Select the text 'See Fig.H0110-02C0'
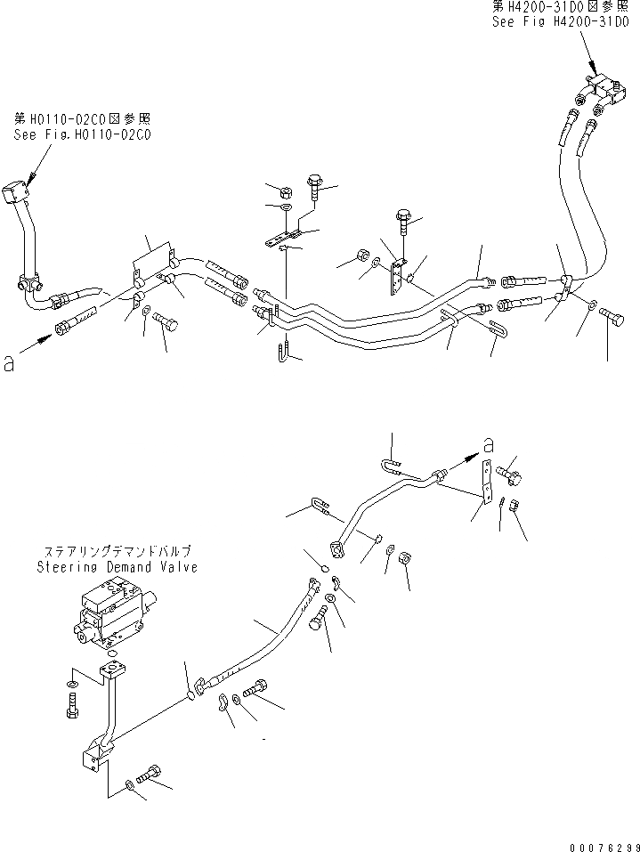click(82, 135)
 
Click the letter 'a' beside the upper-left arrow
click(10, 363)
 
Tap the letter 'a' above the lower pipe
click(486, 445)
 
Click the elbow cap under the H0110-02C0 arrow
click(15, 193)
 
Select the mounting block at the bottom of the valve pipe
click(93, 759)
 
